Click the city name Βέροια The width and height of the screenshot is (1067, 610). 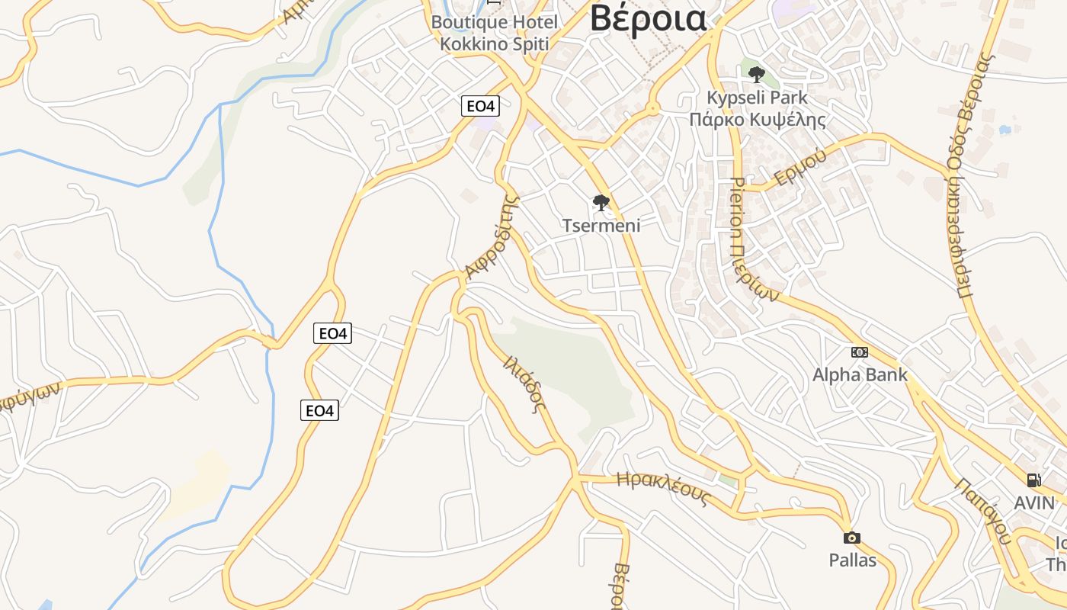point(648,18)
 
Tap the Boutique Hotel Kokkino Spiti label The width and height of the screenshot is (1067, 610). point(494,33)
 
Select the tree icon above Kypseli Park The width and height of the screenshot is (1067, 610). point(756,75)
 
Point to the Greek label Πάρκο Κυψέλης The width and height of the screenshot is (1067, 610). point(757,120)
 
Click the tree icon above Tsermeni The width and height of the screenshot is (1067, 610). point(601,203)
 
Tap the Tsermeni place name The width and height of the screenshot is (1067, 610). point(601,225)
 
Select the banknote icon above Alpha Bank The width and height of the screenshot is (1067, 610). point(860,352)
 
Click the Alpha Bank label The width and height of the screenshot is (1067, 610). point(860,374)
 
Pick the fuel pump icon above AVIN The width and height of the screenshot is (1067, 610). point(1033,480)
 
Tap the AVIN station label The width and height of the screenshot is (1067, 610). point(1033,503)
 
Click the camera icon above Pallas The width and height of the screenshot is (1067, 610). point(852,538)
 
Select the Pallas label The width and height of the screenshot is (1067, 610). point(852,560)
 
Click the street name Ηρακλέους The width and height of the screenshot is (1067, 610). point(663,489)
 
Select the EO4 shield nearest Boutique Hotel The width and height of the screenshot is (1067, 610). point(480,106)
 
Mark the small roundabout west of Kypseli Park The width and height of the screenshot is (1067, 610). point(652,109)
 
